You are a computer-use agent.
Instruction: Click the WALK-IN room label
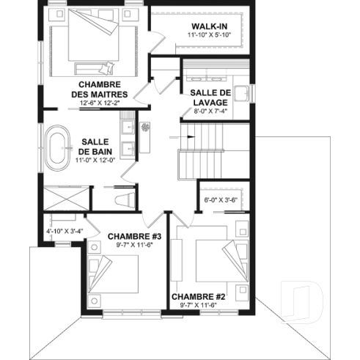tap(199, 26)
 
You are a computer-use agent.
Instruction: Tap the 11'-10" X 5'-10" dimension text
tap(199, 35)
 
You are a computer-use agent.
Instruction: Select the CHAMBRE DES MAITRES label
tap(100, 90)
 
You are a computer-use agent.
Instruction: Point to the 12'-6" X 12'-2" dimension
tap(100, 104)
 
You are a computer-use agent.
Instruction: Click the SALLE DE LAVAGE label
tap(210, 98)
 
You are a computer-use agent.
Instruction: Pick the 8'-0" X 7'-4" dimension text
tap(210, 112)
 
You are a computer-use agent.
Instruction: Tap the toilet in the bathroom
tap(123, 198)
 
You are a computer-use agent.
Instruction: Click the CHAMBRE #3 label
tap(134, 236)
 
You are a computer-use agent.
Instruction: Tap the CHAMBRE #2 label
tap(196, 297)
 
